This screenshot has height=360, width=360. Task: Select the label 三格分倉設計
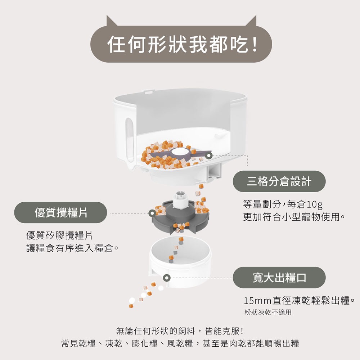tap(279, 181)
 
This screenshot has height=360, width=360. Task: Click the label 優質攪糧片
tap(60, 212)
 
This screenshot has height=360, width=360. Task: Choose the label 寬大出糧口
tap(279, 278)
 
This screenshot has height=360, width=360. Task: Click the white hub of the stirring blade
tap(179, 151)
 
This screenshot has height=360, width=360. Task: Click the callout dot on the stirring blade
tap(209, 155)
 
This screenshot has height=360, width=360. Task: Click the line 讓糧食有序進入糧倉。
tap(73, 248)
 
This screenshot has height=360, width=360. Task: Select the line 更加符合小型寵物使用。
tap(294, 217)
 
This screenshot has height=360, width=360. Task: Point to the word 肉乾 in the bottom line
tap(236, 343)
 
